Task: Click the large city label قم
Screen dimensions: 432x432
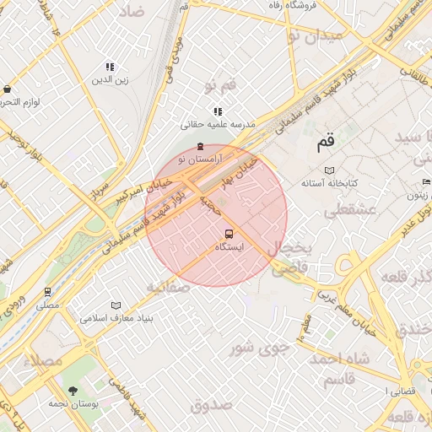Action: click(x=326, y=143)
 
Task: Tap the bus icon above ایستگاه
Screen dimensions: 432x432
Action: click(x=229, y=234)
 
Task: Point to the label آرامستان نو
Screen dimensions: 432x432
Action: click(x=199, y=159)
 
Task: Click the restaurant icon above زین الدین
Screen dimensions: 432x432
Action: click(x=110, y=67)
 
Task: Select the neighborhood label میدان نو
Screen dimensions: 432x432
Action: click(x=315, y=35)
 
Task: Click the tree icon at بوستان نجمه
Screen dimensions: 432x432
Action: click(x=73, y=390)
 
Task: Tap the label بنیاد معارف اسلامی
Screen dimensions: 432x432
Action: click(x=116, y=319)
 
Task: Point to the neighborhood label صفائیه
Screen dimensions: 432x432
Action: click(x=166, y=287)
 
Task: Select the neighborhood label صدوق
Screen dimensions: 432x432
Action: click(x=211, y=405)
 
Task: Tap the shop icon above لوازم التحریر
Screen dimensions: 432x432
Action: click(x=8, y=89)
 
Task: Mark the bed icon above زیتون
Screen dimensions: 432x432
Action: click(x=426, y=182)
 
